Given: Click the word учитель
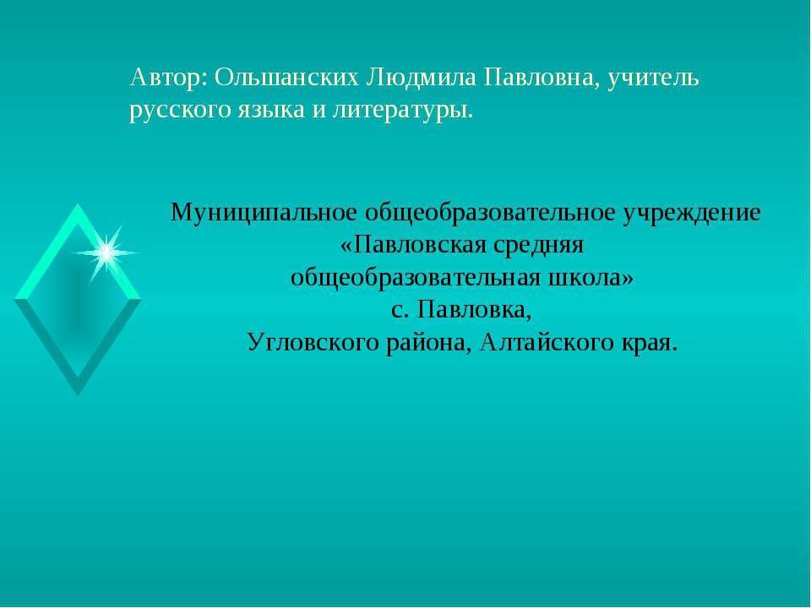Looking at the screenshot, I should [x=655, y=79].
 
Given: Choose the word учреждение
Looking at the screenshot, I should [x=692, y=212].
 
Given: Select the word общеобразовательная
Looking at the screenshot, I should [x=416, y=278].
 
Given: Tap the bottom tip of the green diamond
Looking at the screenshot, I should [x=78, y=393].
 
